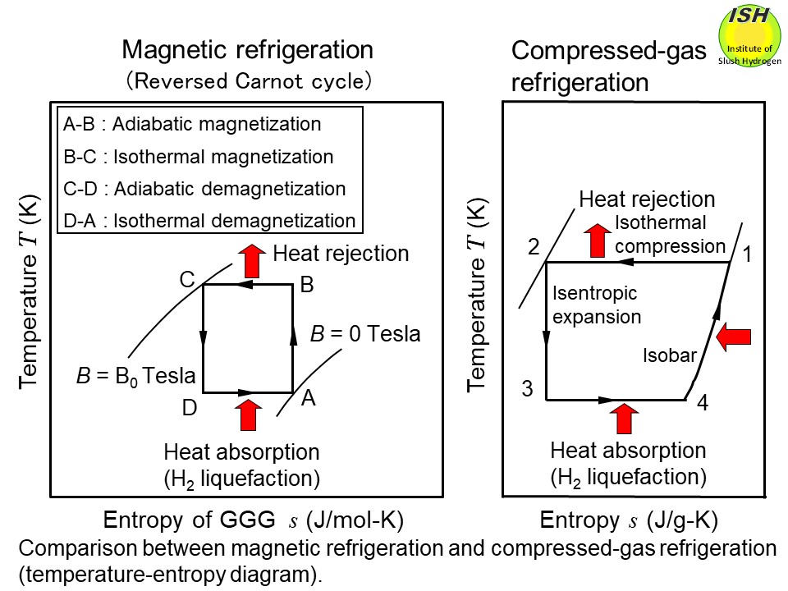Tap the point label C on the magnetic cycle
(187, 280)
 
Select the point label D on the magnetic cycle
(189, 407)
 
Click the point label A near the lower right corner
(308, 398)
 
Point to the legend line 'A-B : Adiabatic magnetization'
(192, 125)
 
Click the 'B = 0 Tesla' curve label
(364, 334)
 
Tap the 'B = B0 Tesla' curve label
(135, 377)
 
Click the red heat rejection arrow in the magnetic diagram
(253, 259)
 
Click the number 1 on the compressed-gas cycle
(748, 255)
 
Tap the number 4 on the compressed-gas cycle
(703, 405)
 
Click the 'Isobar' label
(669, 355)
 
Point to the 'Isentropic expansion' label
(595, 305)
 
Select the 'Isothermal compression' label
(670, 234)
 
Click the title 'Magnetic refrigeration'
(247, 50)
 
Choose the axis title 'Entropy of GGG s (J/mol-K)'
(254, 520)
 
